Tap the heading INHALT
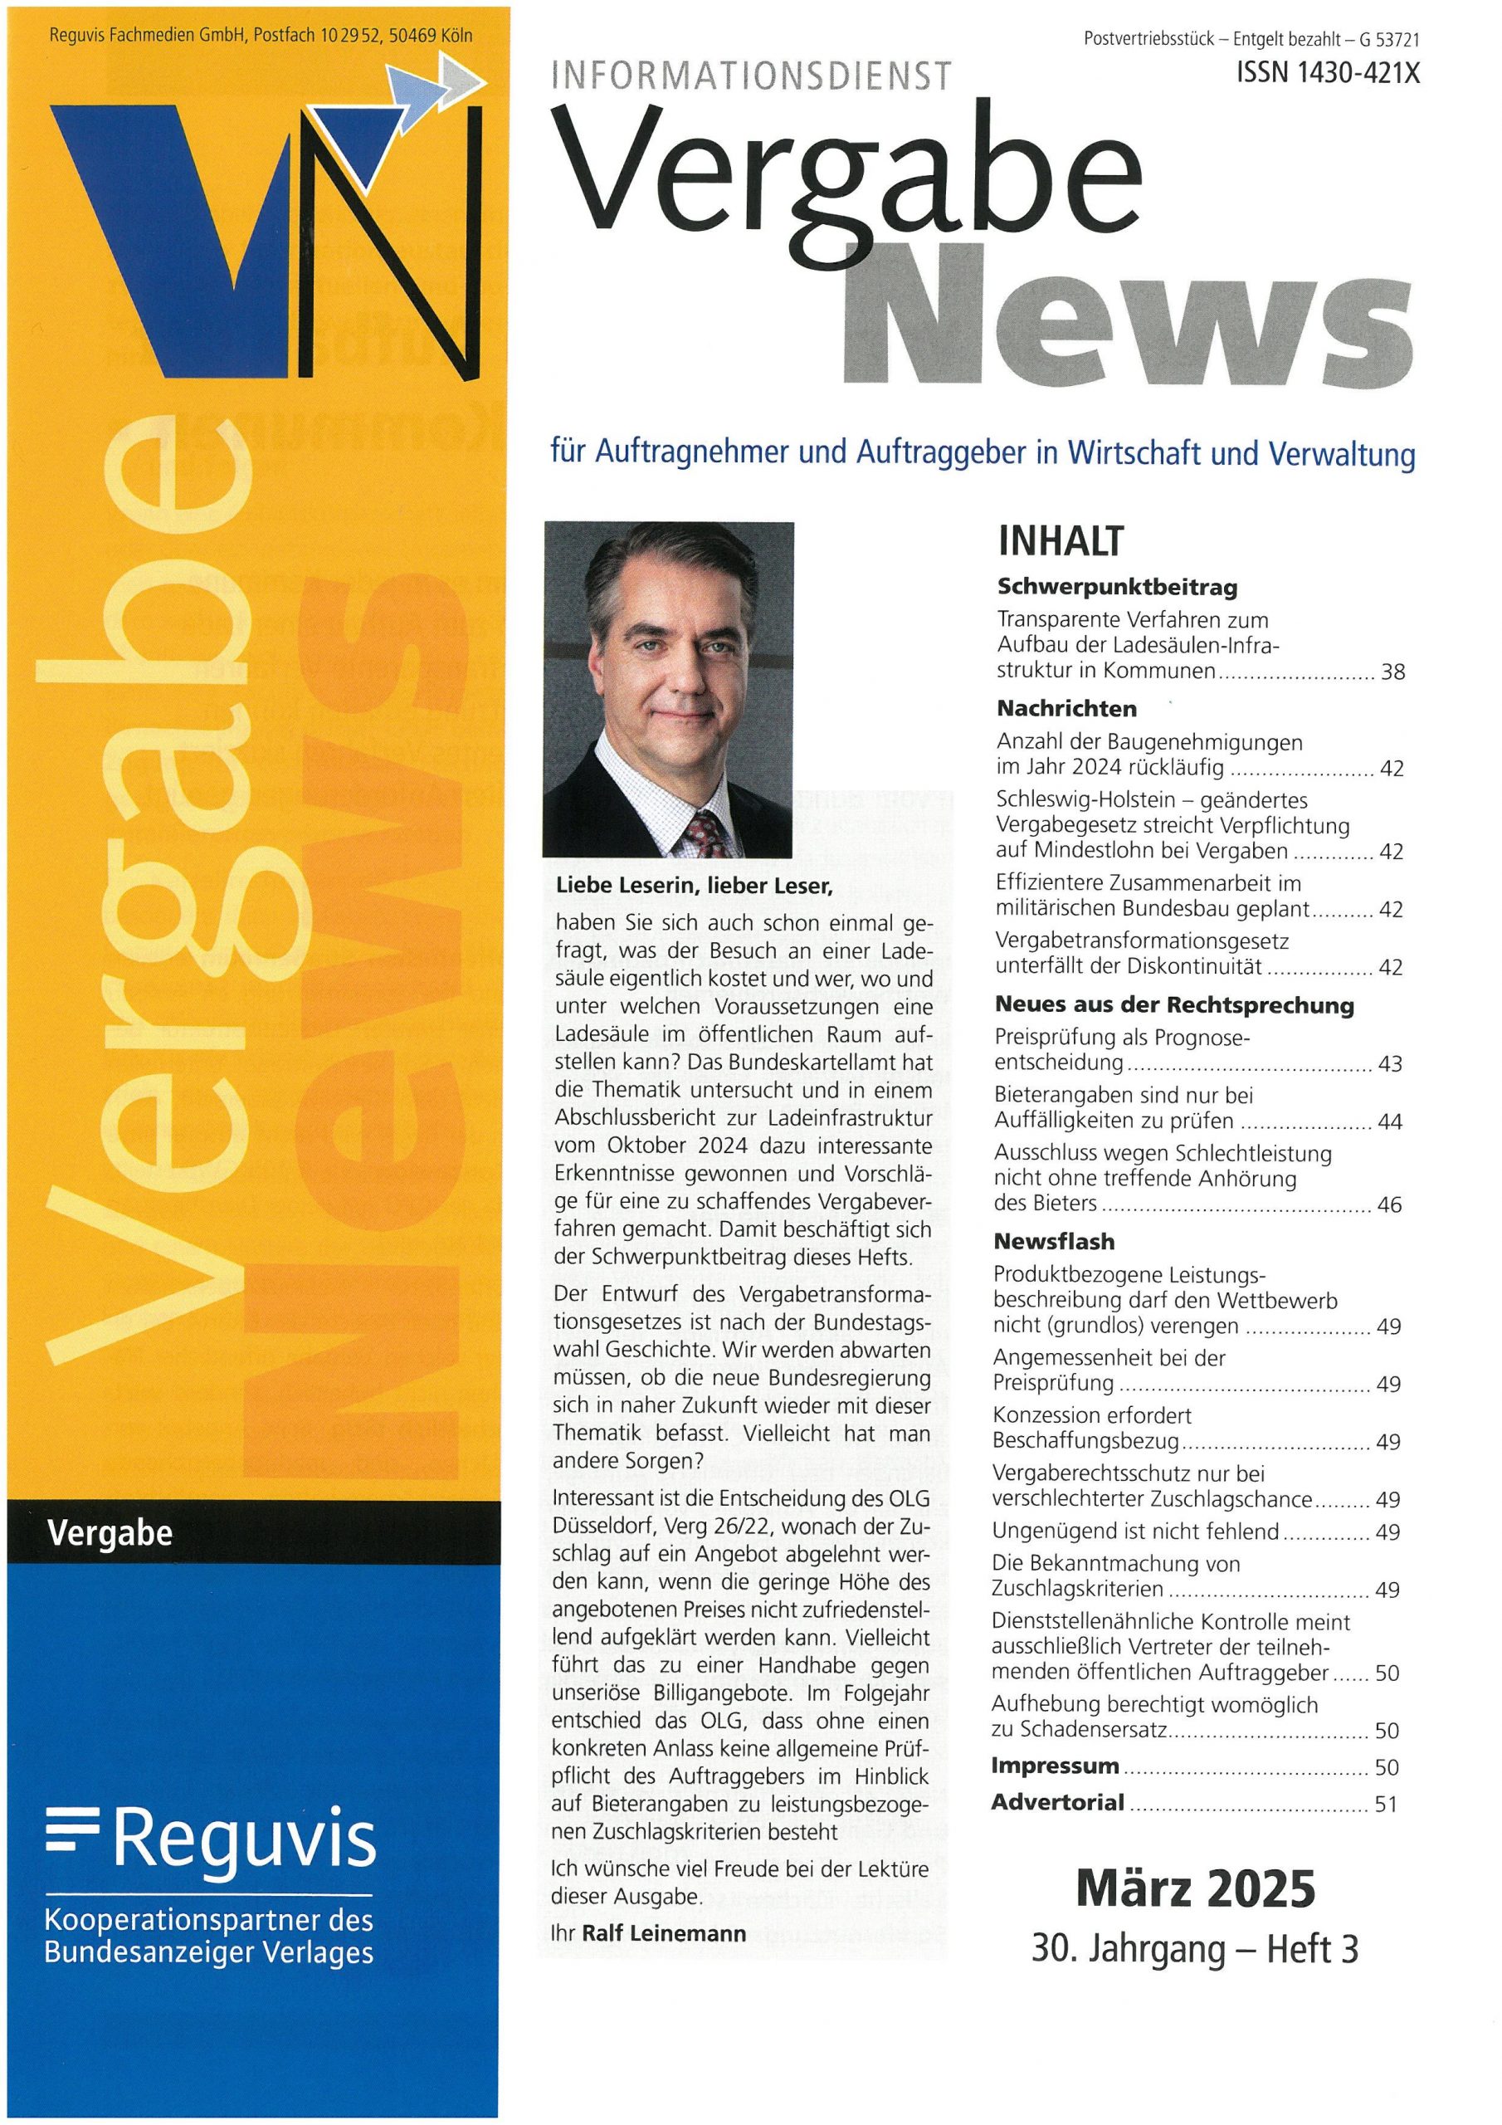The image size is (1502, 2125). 1061,541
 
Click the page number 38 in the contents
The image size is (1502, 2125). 1392,672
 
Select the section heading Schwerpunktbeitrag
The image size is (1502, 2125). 1117,587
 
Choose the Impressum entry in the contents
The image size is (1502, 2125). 1055,1765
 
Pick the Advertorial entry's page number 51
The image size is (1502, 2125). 1385,1803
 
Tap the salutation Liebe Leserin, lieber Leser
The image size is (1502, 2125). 694,886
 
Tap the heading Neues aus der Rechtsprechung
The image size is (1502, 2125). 1174,1005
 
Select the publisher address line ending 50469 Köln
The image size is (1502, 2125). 261,36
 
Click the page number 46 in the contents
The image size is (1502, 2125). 1389,1204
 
